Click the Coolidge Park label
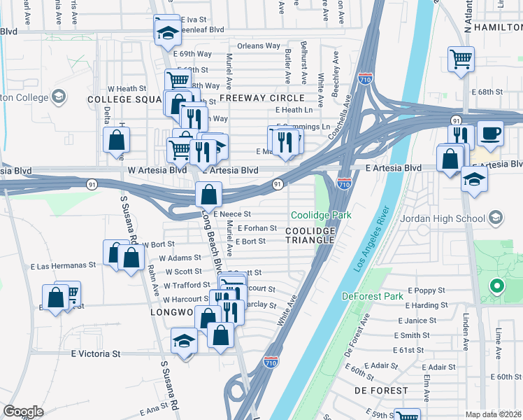click(321, 216)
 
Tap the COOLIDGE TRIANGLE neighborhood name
click(310, 234)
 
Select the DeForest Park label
click(373, 296)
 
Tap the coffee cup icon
click(489, 133)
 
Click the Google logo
click(23, 412)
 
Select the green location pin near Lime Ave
click(496, 286)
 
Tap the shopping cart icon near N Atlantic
click(461, 59)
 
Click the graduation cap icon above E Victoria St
click(184, 342)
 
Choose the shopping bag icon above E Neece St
click(208, 193)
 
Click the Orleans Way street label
click(258, 46)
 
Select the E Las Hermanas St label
click(63, 266)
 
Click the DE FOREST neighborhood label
click(381, 390)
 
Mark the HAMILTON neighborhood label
click(497, 27)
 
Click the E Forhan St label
click(258, 228)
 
